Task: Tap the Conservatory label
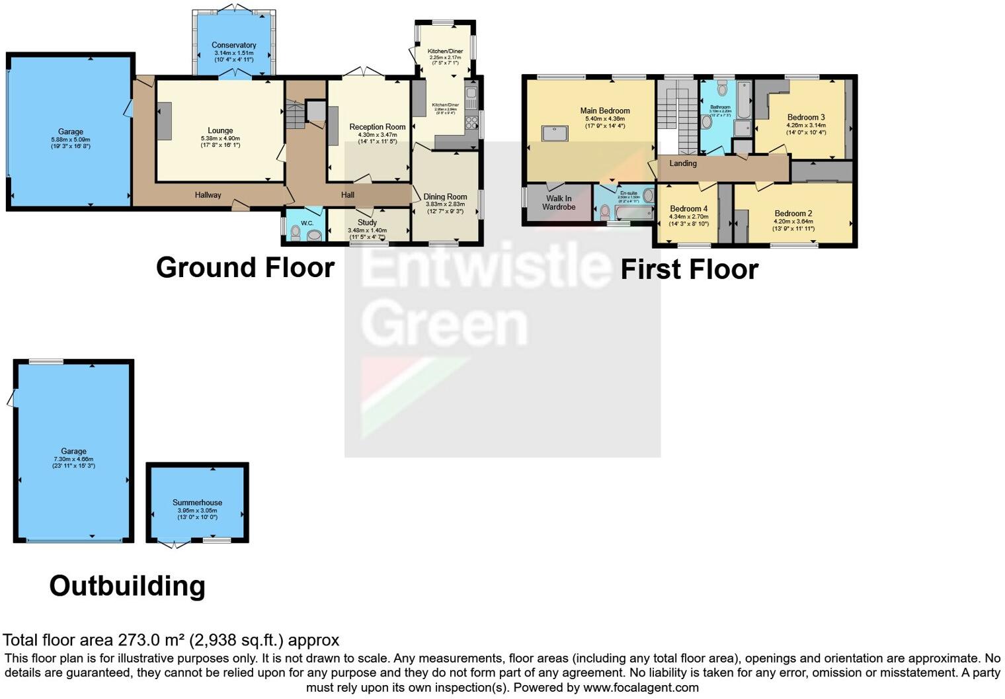click(234, 46)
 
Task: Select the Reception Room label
click(378, 127)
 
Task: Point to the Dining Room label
click(445, 196)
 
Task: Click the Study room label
click(367, 222)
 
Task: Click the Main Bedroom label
click(605, 111)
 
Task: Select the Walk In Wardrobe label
click(559, 202)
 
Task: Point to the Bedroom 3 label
click(805, 117)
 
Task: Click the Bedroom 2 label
click(793, 214)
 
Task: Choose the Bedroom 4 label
click(688, 209)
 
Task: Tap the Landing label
click(683, 163)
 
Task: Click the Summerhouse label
click(197, 503)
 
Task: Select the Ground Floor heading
click(245, 268)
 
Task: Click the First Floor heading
click(689, 270)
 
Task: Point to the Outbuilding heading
click(128, 586)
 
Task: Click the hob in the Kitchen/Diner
click(472, 122)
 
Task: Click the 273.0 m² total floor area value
click(151, 640)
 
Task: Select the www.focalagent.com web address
click(641, 688)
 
